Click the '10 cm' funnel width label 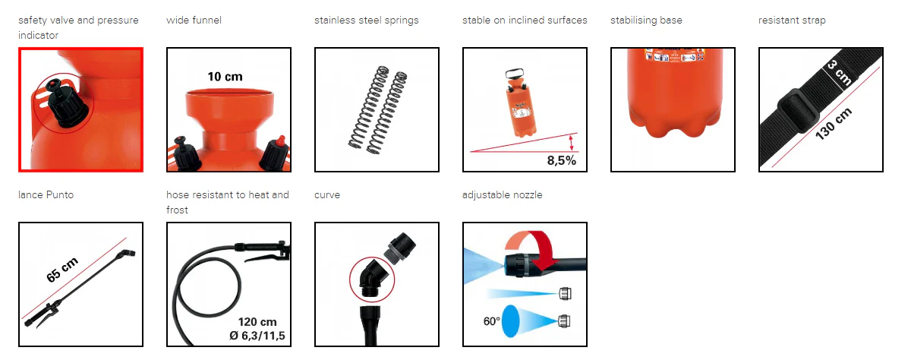tap(225, 77)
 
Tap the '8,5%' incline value tap(561, 160)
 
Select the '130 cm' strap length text tap(834, 124)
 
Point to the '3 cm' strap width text tap(839, 73)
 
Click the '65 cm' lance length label tap(61, 270)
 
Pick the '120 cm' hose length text tap(257, 322)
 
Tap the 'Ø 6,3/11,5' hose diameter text tap(257, 336)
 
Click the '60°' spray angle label tap(491, 321)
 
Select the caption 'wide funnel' tap(194, 20)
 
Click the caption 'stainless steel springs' tap(367, 21)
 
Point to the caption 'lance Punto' tap(46, 195)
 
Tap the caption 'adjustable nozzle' tap(503, 195)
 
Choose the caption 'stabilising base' tap(646, 21)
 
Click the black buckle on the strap tap(798, 111)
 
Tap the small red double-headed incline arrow tap(572, 143)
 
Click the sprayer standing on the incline tap(522, 103)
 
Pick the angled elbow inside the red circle tap(372, 279)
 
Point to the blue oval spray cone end tap(510, 321)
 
